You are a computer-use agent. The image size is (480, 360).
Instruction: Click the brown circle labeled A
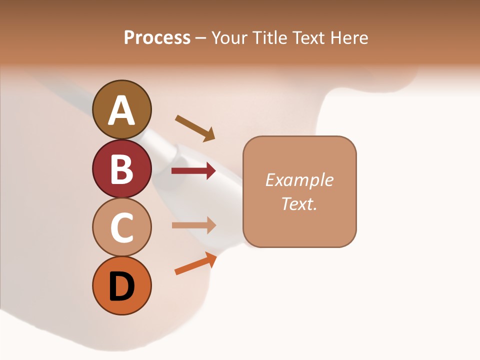tap(122, 109)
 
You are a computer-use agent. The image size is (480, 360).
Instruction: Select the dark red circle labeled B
tap(122, 168)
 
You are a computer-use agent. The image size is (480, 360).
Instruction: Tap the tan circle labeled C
tap(122, 227)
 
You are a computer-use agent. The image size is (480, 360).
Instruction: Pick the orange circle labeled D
tap(122, 286)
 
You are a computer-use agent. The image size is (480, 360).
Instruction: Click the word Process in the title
tap(157, 37)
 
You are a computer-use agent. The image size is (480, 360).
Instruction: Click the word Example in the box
tap(299, 180)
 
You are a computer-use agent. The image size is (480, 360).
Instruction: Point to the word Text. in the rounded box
tap(299, 204)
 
